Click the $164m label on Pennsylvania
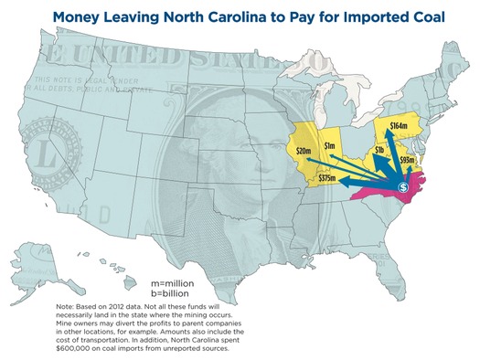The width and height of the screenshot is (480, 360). pyautogui.click(x=399, y=124)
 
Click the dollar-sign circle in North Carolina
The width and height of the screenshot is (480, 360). pyautogui.click(x=402, y=187)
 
